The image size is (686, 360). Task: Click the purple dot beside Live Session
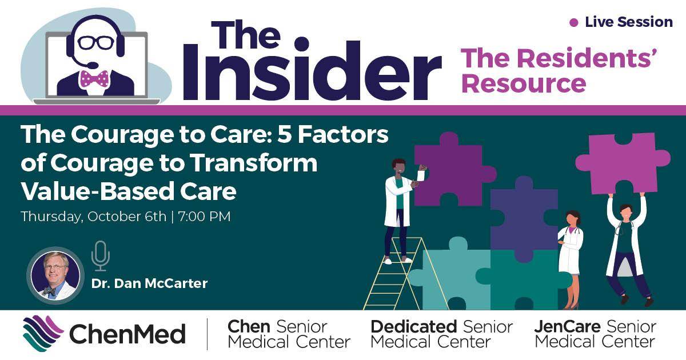pyautogui.click(x=574, y=23)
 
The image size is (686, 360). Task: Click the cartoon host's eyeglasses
pyautogui.click(x=95, y=42)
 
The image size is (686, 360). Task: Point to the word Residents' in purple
pyautogui.click(x=589, y=60)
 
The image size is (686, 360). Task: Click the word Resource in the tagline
pyautogui.click(x=524, y=84)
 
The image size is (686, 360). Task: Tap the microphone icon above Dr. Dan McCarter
pyautogui.click(x=100, y=255)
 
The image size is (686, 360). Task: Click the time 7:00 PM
pyautogui.click(x=205, y=217)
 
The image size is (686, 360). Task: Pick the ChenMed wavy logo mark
pyautogui.click(x=43, y=333)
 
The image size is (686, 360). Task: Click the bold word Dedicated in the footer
pyautogui.click(x=413, y=327)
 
